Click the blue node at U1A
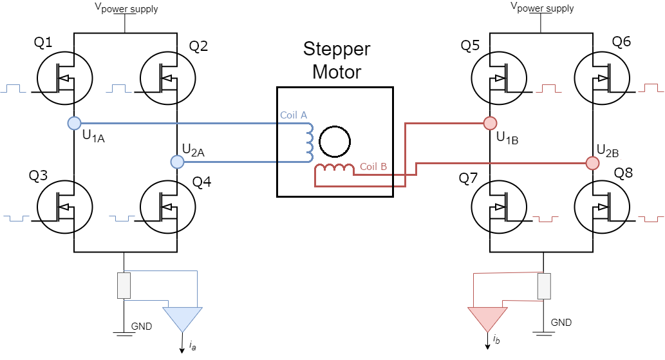(74, 124)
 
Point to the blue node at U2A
(177, 162)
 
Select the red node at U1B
(491, 124)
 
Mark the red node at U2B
(592, 163)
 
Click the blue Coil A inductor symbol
(310, 142)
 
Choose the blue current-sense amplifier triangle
(183, 319)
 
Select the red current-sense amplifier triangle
(488, 319)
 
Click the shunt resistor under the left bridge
(124, 286)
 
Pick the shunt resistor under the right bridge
(544, 286)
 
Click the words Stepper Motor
(337, 60)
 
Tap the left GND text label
(142, 327)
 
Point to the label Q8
(623, 173)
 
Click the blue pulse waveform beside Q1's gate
(13, 88)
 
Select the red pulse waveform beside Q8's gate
(651, 219)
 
